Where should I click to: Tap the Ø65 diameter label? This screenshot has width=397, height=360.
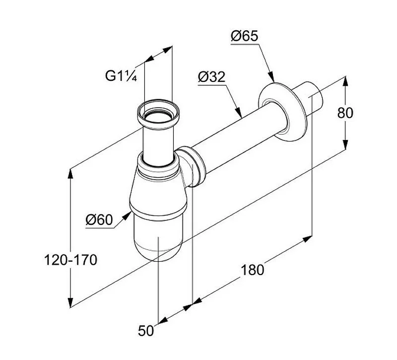[245, 36]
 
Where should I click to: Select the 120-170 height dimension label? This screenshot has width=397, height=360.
[70, 260]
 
